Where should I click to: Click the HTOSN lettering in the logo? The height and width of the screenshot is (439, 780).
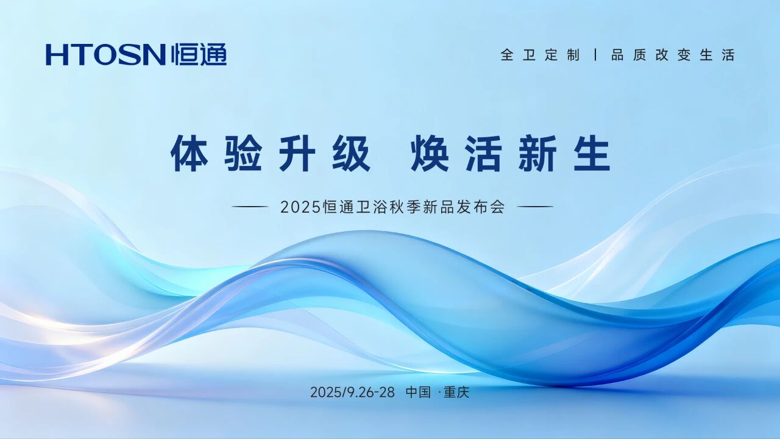(x=105, y=55)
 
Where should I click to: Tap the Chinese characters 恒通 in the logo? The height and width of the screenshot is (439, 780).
(x=199, y=54)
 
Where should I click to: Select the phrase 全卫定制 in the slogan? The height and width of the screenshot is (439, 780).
(x=540, y=55)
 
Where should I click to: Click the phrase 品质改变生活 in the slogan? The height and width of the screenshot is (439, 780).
(x=673, y=55)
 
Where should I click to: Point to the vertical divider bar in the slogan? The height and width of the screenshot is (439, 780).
(x=596, y=55)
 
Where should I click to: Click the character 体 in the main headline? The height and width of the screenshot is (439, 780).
(x=190, y=153)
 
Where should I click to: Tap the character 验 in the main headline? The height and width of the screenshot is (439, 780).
(x=243, y=153)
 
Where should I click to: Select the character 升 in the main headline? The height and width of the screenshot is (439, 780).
(x=297, y=153)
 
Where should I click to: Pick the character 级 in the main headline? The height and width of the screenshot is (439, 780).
(x=351, y=153)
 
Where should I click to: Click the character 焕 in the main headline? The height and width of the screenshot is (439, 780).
(x=430, y=153)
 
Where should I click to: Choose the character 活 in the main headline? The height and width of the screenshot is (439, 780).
(x=484, y=153)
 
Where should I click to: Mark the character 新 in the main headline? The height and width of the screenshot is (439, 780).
(x=537, y=153)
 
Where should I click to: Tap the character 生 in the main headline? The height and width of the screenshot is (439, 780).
(x=592, y=153)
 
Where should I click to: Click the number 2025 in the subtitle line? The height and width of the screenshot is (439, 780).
(x=300, y=207)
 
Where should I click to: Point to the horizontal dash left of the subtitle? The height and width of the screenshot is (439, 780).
(x=250, y=207)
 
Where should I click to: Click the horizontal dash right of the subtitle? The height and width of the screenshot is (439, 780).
(x=535, y=207)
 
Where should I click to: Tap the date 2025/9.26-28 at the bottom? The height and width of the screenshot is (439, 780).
(x=352, y=392)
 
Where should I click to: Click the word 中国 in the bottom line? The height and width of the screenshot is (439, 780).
(x=418, y=392)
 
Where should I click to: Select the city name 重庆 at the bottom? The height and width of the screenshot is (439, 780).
(x=456, y=392)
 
